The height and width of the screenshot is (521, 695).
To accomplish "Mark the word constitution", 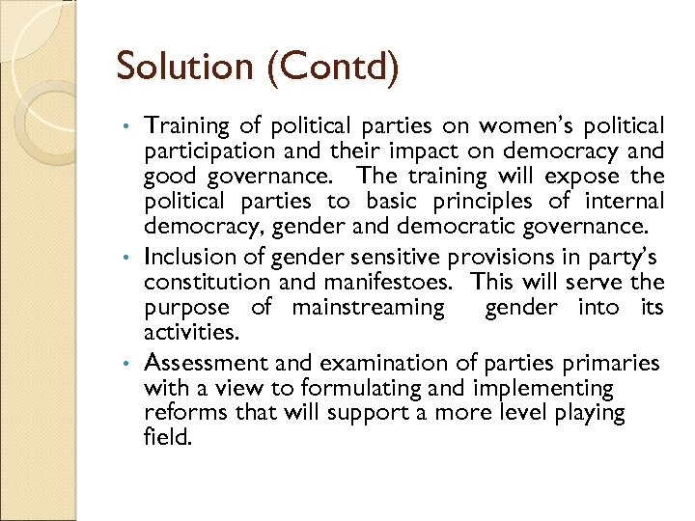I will (x=202, y=283).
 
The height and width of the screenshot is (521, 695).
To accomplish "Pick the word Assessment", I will (x=206, y=363).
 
